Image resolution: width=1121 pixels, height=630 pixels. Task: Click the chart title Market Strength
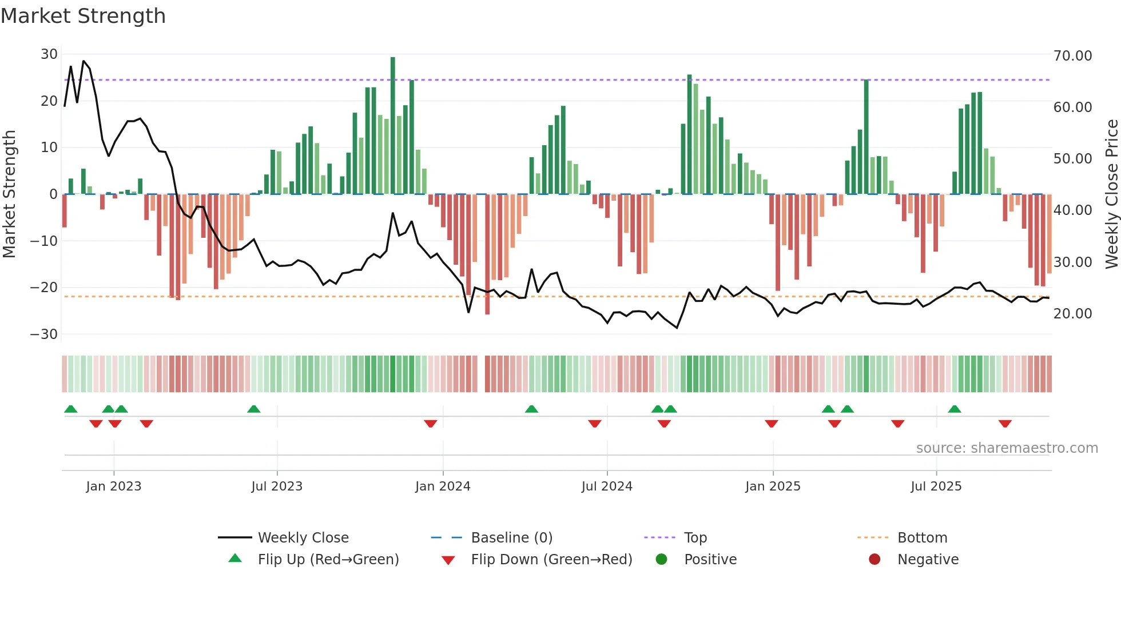[x=83, y=16]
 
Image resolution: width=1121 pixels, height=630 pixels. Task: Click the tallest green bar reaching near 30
[x=393, y=126]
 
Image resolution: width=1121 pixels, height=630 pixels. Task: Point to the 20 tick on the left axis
[x=49, y=101]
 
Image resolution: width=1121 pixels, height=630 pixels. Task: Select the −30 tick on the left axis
[x=44, y=334]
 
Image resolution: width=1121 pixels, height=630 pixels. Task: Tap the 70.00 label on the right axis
[x=1072, y=56]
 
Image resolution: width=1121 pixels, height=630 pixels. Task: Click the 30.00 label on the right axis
[x=1072, y=262]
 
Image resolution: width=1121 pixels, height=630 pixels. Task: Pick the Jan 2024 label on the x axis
[x=443, y=487]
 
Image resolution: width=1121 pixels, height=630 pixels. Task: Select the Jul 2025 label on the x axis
[x=936, y=487]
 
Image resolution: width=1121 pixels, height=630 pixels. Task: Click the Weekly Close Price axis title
[x=1111, y=194]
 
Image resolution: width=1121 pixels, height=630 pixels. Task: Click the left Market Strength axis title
[x=10, y=194]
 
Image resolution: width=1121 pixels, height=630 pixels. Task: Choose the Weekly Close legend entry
[x=303, y=538]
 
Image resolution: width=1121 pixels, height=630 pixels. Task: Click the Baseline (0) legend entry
[x=511, y=538]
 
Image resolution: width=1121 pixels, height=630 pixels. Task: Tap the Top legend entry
[x=695, y=538]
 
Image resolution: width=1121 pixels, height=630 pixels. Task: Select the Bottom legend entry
[x=922, y=538]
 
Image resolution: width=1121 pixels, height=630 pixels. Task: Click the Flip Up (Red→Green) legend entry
[x=328, y=560]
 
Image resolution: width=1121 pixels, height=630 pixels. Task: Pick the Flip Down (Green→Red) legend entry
[x=551, y=560]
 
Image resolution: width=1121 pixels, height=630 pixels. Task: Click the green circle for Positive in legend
[x=662, y=560]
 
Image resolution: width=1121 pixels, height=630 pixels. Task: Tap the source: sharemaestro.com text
[x=1007, y=448]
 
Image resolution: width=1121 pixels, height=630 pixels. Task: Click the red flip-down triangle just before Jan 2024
[x=431, y=424]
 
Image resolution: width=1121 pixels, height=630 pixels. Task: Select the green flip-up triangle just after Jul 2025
[x=955, y=409]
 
